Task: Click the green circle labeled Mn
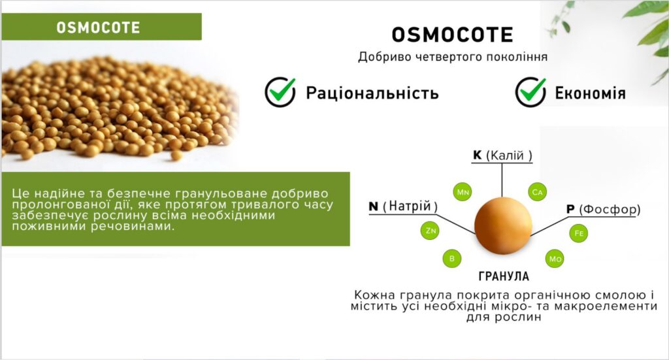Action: click(463, 192)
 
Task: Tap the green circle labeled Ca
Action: click(537, 192)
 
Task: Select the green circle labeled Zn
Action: click(430, 231)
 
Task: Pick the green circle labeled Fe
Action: click(579, 233)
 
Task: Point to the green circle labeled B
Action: click(452, 259)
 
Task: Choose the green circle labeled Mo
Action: click(555, 259)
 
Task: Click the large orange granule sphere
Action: click(503, 225)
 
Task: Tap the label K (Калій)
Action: click(502, 155)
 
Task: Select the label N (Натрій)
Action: click(403, 206)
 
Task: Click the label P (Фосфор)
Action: click(603, 210)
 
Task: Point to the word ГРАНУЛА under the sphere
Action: click(504, 276)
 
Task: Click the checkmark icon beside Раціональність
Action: click(280, 91)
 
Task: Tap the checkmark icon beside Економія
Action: click(530, 91)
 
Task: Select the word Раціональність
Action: click(372, 93)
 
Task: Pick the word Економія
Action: click(590, 93)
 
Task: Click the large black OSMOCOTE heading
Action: click(452, 35)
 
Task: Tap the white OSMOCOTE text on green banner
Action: click(98, 27)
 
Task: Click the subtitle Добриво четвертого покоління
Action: click(453, 57)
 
